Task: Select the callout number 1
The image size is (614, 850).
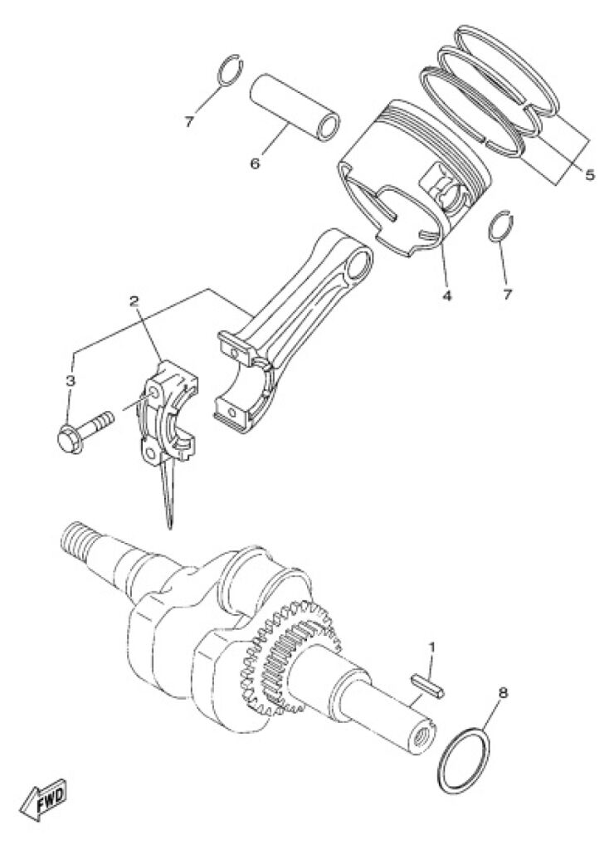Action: coord(432,647)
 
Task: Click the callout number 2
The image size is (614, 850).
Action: coord(134,300)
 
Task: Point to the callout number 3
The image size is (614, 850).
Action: coord(71,380)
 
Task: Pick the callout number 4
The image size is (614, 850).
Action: coord(446,296)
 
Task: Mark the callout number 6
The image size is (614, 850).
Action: coord(255,164)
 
